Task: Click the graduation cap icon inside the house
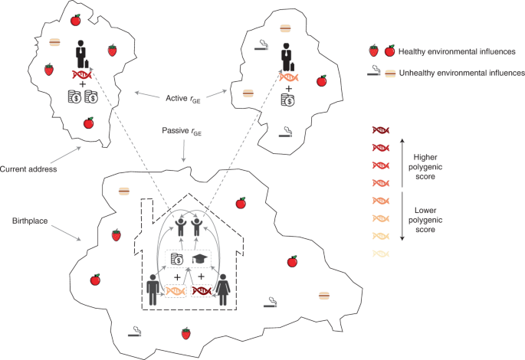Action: [x=201, y=259]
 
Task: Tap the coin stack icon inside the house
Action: [x=176, y=260]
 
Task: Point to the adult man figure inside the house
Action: [x=153, y=290]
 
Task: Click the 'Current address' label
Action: [x=28, y=169]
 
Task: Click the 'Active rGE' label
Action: [x=183, y=97]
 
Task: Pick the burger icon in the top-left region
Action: [x=55, y=43]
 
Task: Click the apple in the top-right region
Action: [x=322, y=80]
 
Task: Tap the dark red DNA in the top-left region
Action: [x=82, y=74]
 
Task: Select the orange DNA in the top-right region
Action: [x=287, y=77]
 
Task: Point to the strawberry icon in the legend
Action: [x=373, y=51]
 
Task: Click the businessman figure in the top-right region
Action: [x=287, y=53]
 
